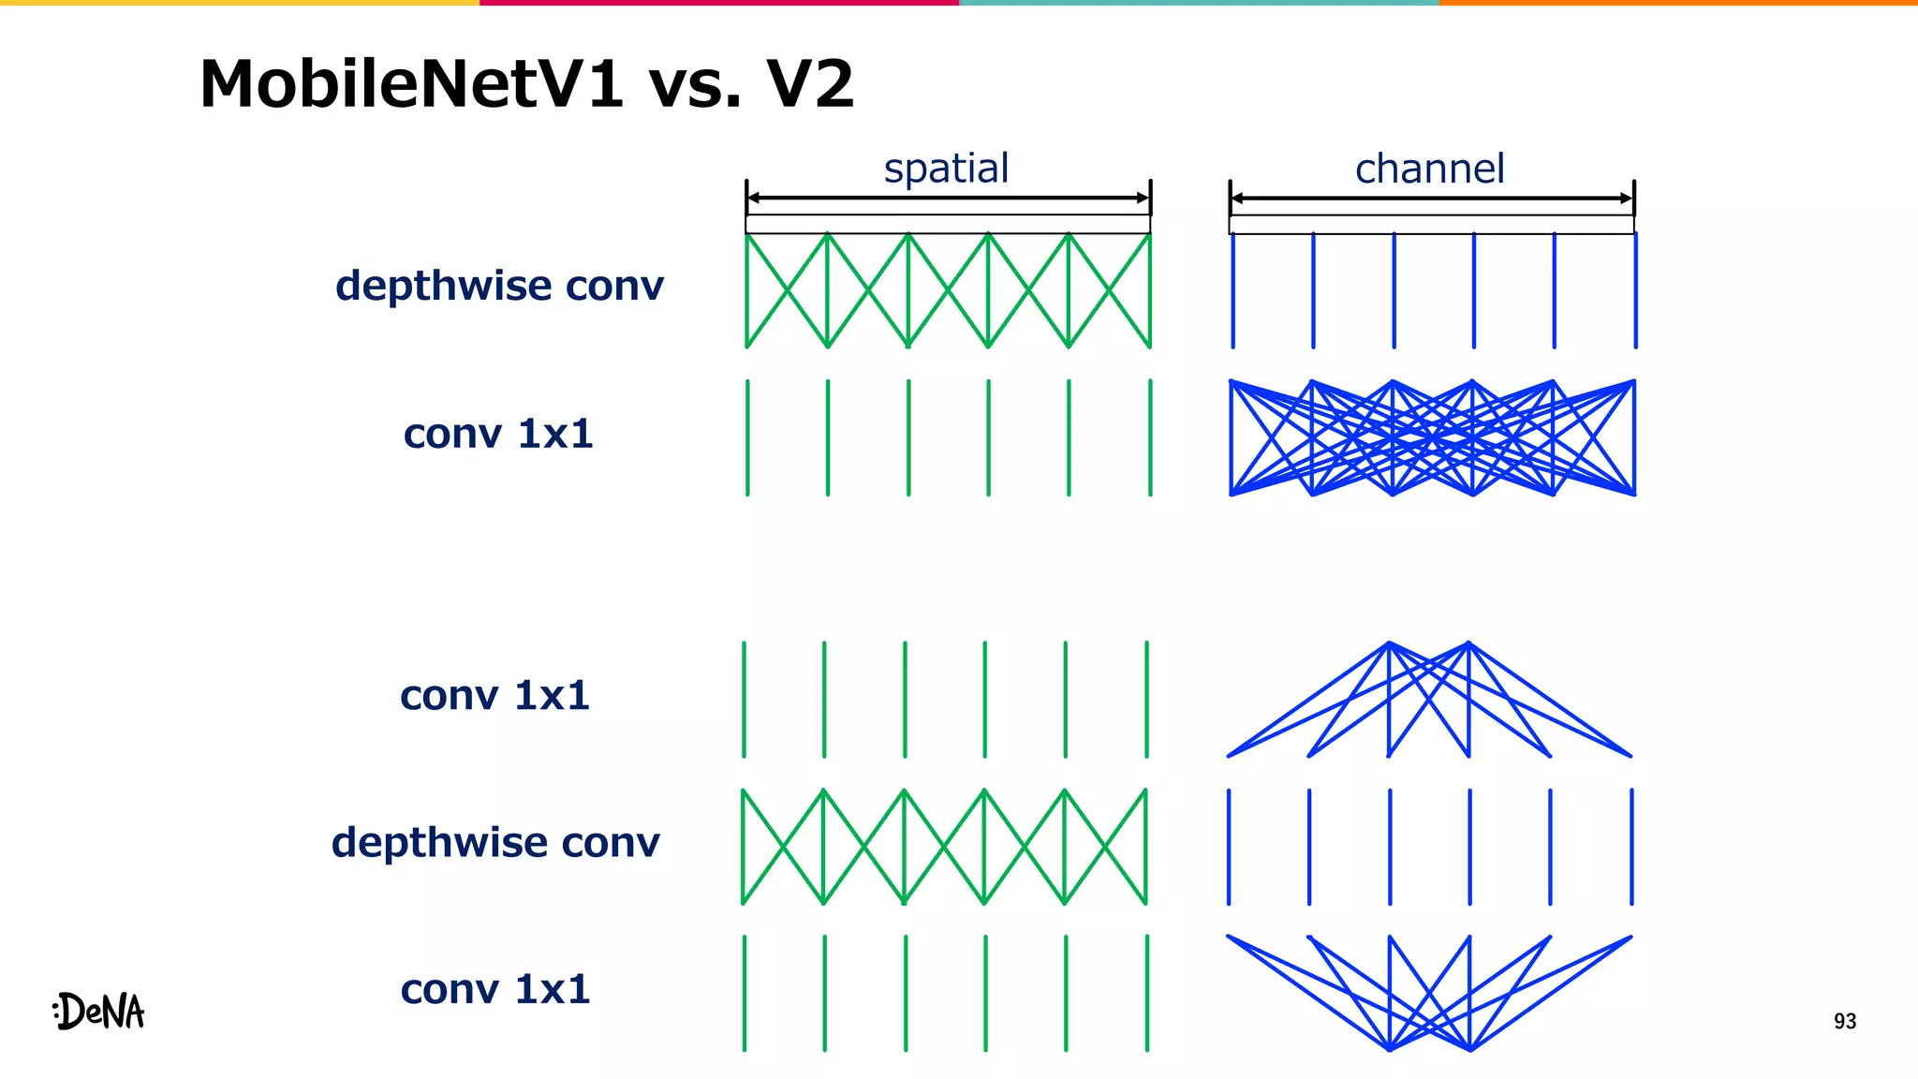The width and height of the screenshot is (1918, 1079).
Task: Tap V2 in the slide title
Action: coord(810,84)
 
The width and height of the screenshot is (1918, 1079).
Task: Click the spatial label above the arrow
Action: coord(946,169)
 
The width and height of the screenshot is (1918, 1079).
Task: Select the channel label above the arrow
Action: coord(1430,169)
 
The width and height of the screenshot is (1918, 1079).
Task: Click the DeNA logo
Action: coord(99,1012)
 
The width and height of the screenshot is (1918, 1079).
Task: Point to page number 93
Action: coord(1844,1021)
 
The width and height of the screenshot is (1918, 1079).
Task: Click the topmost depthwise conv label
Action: coord(499,286)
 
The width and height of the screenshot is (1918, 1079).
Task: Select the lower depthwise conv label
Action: coord(495,842)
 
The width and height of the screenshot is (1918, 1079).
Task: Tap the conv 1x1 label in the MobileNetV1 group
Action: coord(498,434)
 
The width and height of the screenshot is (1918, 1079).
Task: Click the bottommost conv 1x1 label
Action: coord(495,989)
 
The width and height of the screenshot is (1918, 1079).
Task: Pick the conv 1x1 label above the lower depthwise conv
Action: coord(494,695)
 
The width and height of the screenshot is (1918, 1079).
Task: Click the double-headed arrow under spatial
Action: coord(948,198)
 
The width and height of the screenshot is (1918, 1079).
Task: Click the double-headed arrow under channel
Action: coord(1431,198)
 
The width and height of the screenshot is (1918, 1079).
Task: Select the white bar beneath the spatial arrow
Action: coord(948,225)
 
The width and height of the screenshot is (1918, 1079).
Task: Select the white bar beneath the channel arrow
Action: coord(1431,225)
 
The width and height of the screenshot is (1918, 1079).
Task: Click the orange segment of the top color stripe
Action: coord(1678,3)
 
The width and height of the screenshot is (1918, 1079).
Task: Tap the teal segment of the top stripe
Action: coord(1199,3)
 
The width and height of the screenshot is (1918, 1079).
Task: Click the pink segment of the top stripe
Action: coord(719,3)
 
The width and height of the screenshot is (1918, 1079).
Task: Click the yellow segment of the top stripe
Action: coord(240,3)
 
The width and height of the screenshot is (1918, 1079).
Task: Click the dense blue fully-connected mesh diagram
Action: coord(1432,437)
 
